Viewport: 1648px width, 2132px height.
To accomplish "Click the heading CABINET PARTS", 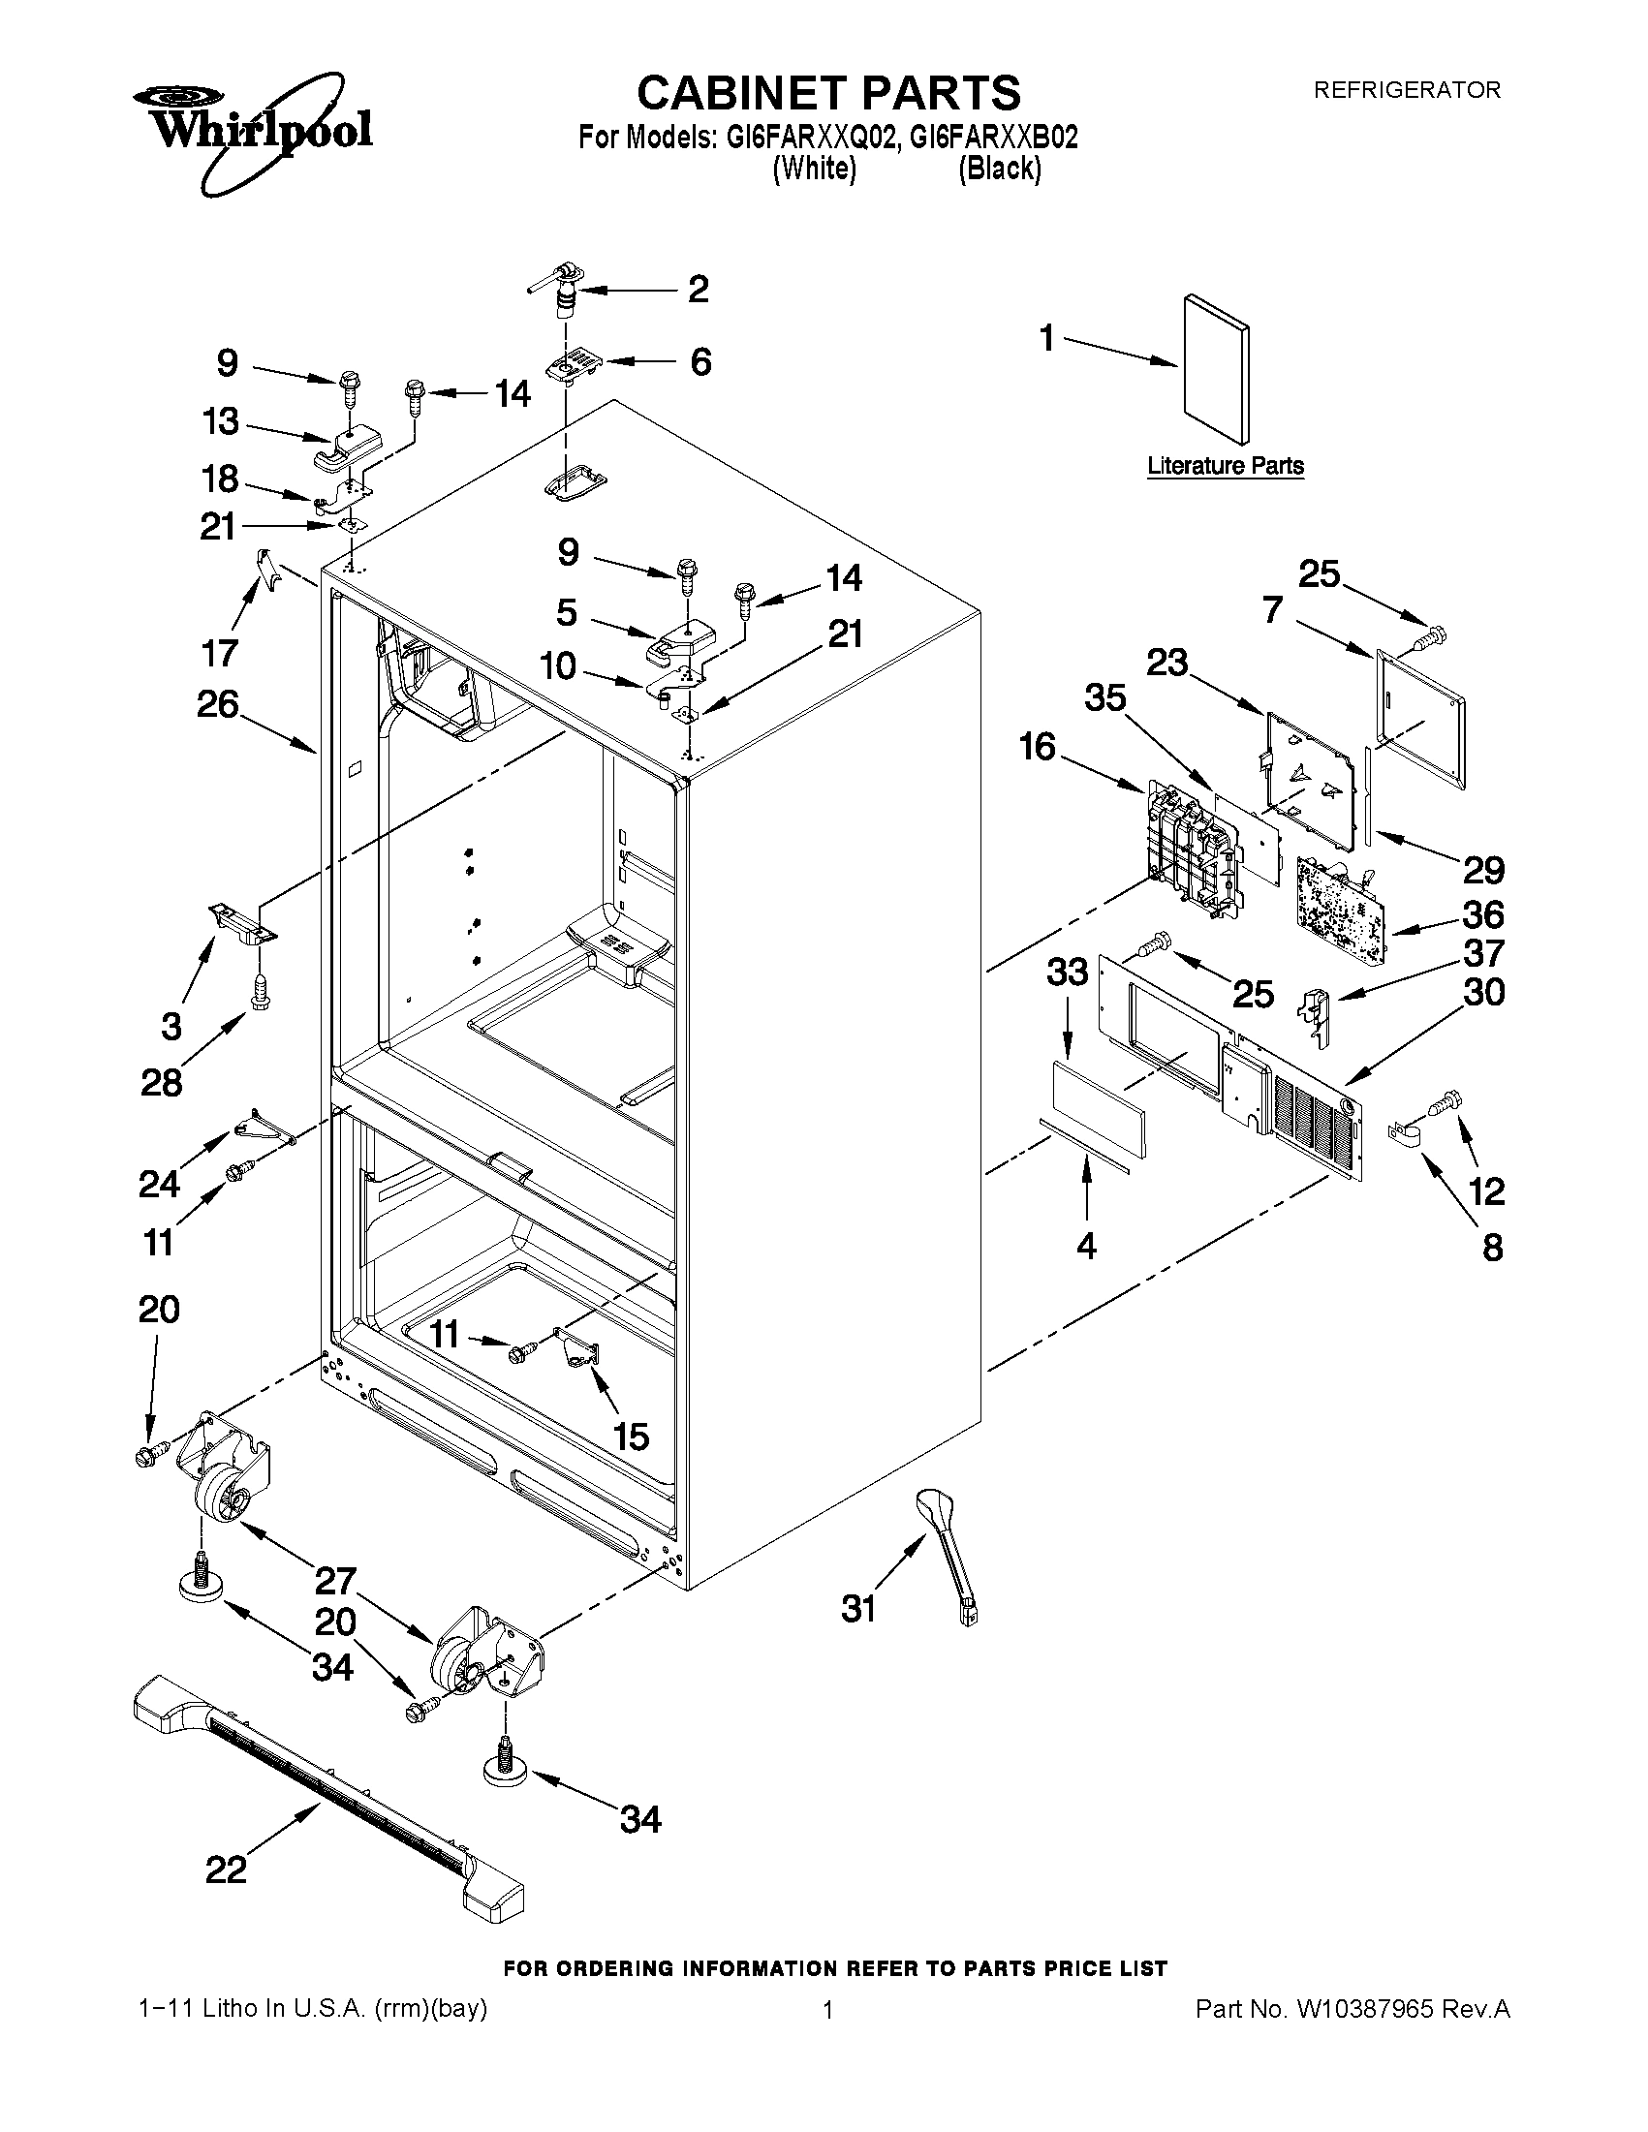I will tap(828, 93).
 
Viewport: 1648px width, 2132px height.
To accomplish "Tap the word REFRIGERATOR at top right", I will tap(1406, 90).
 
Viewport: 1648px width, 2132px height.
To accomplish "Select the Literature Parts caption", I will tap(1225, 466).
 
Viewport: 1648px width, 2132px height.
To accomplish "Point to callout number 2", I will tap(699, 290).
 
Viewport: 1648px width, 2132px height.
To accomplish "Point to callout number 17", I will tap(219, 652).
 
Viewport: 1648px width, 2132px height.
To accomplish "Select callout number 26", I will tap(218, 703).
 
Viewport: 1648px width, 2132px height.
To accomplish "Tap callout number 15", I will tap(632, 1436).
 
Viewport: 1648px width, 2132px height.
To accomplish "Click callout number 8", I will tap(1492, 1248).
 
